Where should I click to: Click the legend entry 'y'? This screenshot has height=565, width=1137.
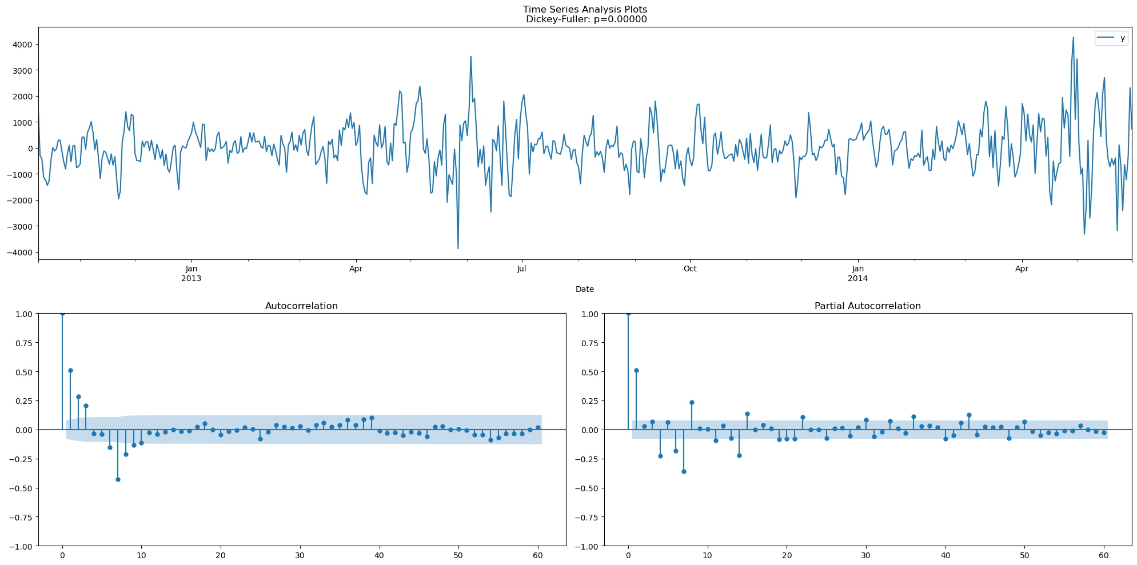1122,38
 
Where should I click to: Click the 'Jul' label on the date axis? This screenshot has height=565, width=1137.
521,269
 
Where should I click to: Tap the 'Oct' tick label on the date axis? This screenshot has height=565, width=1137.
690,269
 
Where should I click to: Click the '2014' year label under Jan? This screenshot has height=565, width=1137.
857,278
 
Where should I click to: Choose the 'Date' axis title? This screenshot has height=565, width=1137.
585,289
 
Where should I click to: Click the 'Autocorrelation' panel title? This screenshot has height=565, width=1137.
301,306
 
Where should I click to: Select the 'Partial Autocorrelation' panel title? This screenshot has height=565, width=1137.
867,306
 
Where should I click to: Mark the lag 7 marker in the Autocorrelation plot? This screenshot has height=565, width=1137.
118,479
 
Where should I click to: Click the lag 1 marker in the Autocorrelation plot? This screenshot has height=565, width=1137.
70,370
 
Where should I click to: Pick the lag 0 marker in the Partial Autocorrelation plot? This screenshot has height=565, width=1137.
628,313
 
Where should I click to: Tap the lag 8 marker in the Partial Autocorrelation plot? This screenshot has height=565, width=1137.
692,402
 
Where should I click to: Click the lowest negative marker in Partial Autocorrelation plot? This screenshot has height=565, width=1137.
684,471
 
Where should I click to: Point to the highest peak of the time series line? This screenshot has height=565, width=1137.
1073,38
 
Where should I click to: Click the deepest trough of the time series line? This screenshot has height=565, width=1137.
458,248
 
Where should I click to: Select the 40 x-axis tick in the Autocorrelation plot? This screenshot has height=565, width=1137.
379,555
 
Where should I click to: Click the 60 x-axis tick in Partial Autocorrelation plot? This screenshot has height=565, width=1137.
1104,555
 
